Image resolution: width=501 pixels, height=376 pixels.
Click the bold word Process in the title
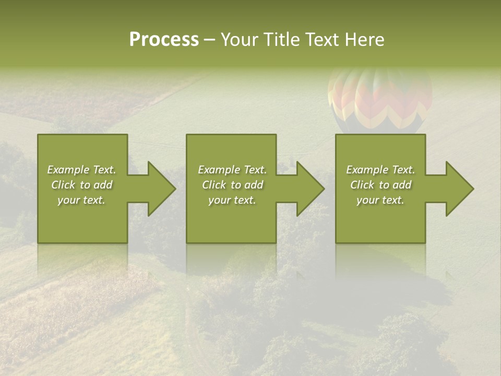(164, 39)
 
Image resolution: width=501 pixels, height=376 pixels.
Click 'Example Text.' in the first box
(82, 170)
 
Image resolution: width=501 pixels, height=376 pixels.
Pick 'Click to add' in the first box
(82, 185)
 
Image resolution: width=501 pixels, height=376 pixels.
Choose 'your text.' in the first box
(82, 200)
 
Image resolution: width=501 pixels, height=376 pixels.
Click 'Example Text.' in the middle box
(232, 170)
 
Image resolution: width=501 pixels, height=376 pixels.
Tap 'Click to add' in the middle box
(232, 185)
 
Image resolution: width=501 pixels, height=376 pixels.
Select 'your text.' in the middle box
(232, 200)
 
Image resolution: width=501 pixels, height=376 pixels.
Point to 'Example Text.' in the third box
(380, 170)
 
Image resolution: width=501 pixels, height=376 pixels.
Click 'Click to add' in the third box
(380, 185)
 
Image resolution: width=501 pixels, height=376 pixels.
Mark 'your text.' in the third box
(380, 200)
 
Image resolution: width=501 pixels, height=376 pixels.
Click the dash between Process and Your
(209, 40)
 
